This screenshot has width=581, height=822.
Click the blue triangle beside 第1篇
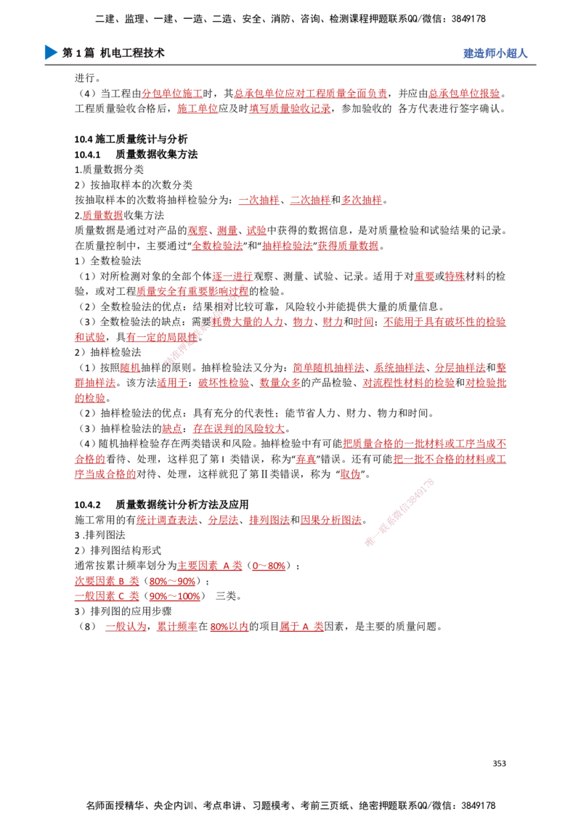pyautogui.click(x=51, y=52)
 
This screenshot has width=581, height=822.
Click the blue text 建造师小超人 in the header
pyautogui.click(x=495, y=53)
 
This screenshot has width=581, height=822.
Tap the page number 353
pyautogui.click(x=499, y=763)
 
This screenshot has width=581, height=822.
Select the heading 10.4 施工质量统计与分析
pyautogui.click(x=131, y=139)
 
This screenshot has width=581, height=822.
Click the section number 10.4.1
pyautogui.click(x=87, y=155)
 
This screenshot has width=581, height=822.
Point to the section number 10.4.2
pyautogui.click(x=87, y=505)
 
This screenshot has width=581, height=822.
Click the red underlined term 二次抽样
pyautogui.click(x=310, y=200)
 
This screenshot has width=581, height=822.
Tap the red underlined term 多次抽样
pyautogui.click(x=362, y=200)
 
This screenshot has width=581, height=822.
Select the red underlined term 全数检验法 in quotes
pyautogui.click(x=217, y=245)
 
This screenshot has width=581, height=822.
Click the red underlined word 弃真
pyautogui.click(x=306, y=459)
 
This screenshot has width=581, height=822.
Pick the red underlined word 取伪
pyautogui.click(x=350, y=474)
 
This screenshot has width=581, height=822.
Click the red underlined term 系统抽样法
pyautogui.click(x=399, y=367)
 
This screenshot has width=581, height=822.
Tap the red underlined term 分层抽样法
pyautogui.click(x=460, y=367)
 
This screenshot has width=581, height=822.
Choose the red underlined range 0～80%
pyautogui.click(x=269, y=566)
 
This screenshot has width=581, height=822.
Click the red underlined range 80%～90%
pyautogui.click(x=173, y=581)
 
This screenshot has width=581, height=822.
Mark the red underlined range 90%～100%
pyautogui.click(x=174, y=596)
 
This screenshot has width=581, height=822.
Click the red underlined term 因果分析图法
pyautogui.click(x=331, y=519)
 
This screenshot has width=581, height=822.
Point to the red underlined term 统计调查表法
pyautogui.click(x=167, y=519)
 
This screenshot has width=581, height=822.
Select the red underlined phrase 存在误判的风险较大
pyautogui.click(x=239, y=428)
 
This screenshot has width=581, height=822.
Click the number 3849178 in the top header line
pyautogui.click(x=467, y=19)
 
